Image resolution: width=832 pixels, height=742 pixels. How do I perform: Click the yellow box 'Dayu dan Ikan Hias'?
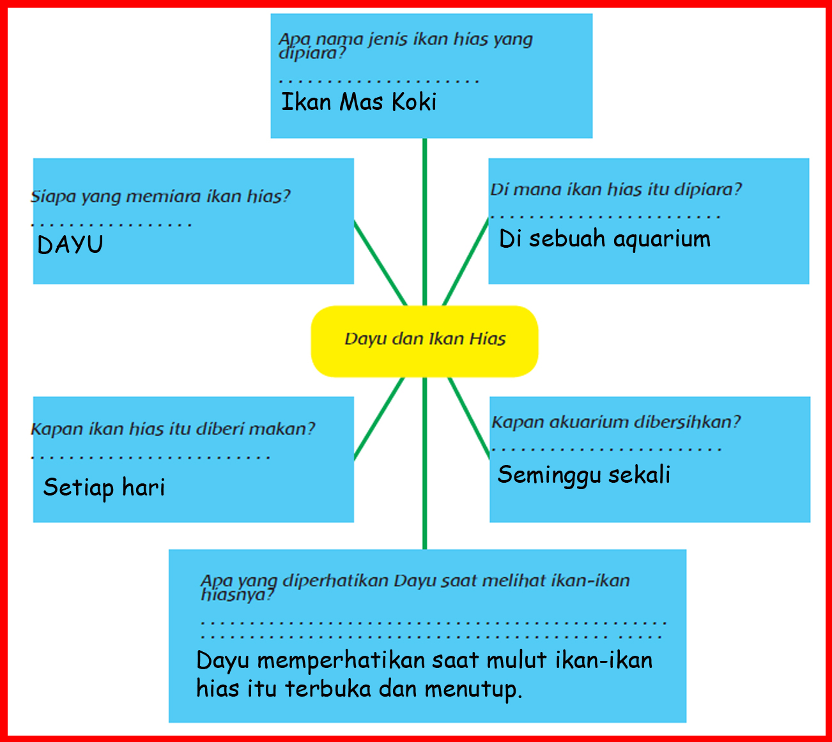pyautogui.click(x=424, y=340)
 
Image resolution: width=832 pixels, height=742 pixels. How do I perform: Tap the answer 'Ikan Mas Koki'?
pyautogui.click(x=358, y=102)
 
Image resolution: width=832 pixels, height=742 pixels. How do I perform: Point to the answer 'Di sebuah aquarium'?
pyautogui.click(x=605, y=239)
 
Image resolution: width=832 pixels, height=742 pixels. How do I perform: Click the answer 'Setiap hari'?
pyautogui.click(x=104, y=488)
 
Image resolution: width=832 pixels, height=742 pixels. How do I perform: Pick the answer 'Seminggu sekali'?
pyautogui.click(x=583, y=475)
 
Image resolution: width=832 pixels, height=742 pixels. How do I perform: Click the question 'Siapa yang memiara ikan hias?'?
pyautogui.click(x=161, y=196)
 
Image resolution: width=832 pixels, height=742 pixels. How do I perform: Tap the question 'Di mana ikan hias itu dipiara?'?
pyautogui.click(x=616, y=190)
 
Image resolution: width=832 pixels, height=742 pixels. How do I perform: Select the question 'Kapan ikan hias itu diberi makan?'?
pyautogui.click(x=173, y=428)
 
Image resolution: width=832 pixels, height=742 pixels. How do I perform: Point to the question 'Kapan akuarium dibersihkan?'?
pyautogui.click(x=616, y=422)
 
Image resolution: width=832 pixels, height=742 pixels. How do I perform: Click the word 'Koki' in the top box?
pyautogui.click(x=414, y=102)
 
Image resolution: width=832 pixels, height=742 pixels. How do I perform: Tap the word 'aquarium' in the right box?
pyautogui.click(x=661, y=239)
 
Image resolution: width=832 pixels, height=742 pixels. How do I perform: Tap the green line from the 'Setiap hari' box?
pyautogui.click(x=380, y=418)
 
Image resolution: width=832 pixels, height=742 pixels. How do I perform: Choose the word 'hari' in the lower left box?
pyautogui.click(x=144, y=488)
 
